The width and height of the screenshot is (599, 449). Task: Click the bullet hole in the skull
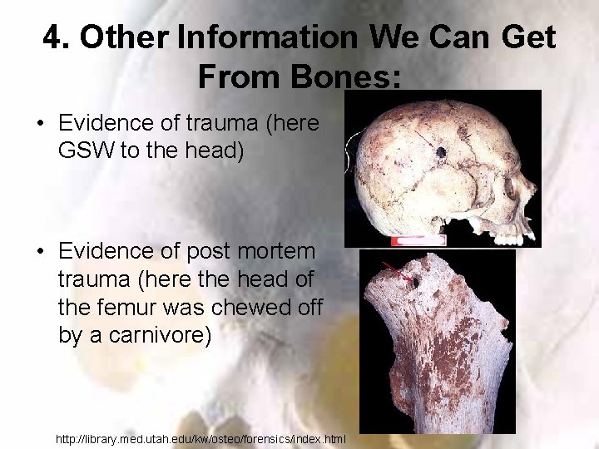tap(439, 153)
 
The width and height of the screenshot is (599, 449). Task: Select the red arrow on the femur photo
tap(394, 271)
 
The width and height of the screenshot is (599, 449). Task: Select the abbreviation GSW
tap(87, 151)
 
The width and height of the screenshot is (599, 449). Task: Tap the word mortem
tap(271, 251)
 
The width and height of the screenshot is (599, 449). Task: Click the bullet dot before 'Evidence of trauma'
tap(40, 124)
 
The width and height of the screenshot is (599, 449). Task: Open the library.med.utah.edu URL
tap(200, 437)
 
